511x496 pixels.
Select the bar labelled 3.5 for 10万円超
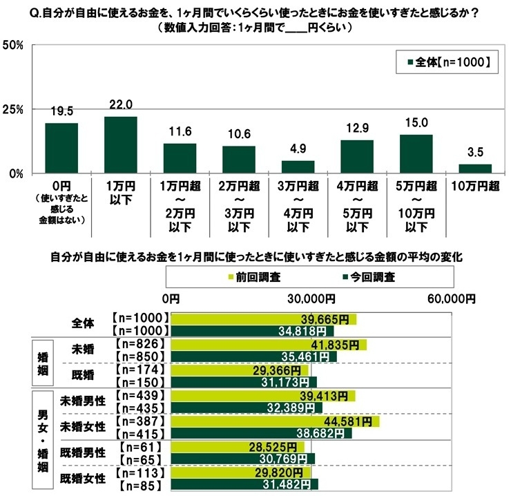(x=475, y=169)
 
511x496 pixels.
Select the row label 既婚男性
(x=82, y=453)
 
